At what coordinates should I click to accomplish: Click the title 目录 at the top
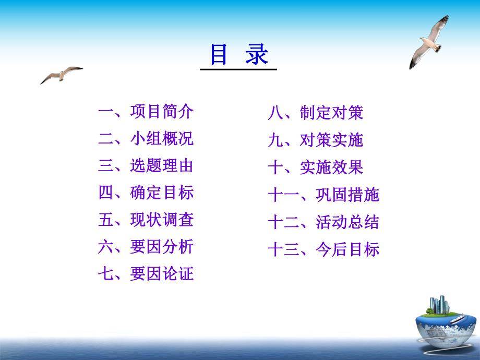(x=239, y=54)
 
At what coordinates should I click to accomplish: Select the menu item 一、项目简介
(x=146, y=112)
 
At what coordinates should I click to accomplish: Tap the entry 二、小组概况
(x=146, y=139)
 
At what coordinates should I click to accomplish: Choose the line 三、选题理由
(x=146, y=166)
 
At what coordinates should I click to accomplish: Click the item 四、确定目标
(x=146, y=193)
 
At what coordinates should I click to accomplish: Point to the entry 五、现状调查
(x=146, y=220)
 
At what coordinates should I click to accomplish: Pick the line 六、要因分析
(x=146, y=247)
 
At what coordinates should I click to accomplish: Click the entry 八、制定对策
(x=315, y=113)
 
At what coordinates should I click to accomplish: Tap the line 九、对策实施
(x=315, y=140)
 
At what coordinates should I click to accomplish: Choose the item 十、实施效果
(x=315, y=167)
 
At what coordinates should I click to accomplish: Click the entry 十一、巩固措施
(x=323, y=195)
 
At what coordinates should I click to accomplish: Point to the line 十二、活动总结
(x=323, y=222)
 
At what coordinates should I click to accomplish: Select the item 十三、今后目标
(x=323, y=249)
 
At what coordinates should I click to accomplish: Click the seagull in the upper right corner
(x=429, y=42)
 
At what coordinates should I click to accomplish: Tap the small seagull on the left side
(x=61, y=74)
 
